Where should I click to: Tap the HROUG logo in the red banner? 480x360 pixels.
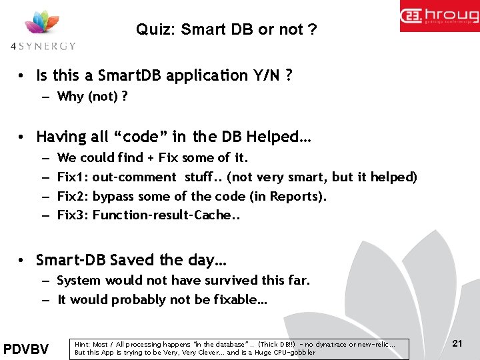tap(439, 16)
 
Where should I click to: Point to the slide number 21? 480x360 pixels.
tap(457, 343)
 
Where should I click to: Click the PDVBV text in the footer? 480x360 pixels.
tap(26, 349)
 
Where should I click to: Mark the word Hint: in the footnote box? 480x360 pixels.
tap(83, 345)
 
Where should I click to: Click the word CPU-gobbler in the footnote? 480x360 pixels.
tap(291, 352)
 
